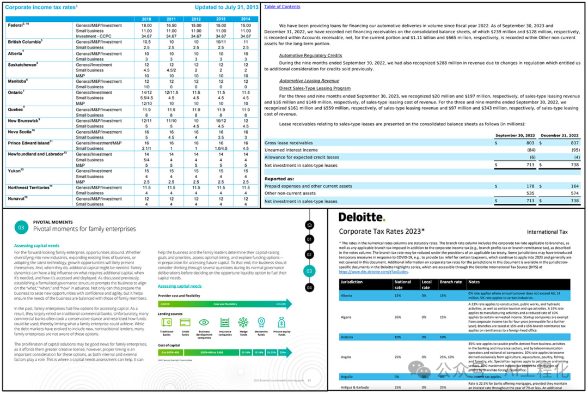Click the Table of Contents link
[282, 7]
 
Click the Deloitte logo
[362, 217]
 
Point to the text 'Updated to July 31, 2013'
[226, 7]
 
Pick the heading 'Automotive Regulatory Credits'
[310, 56]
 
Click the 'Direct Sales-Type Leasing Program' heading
[315, 88]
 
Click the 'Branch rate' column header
[450, 282]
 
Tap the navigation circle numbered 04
[309, 287]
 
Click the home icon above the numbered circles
[309, 225]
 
